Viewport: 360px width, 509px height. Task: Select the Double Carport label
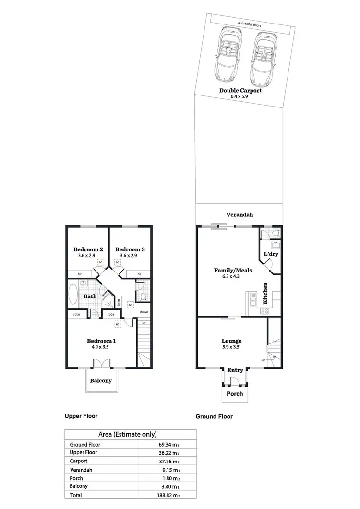240,90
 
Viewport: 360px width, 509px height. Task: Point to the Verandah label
240,215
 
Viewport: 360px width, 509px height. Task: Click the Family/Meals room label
233,270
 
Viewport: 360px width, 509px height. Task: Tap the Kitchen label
265,294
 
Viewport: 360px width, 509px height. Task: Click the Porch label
235,394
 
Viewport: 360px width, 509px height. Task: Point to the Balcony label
101,381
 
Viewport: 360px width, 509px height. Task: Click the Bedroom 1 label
101,341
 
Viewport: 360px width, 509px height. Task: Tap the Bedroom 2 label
88,249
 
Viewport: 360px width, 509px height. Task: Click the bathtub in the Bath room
73,295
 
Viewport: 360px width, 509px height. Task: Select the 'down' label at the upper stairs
144,312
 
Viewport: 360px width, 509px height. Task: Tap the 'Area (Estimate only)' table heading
127,434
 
